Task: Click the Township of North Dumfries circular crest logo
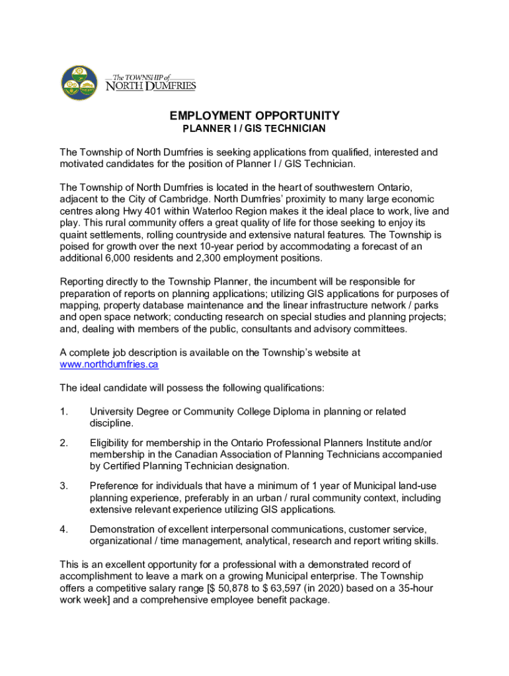tap(79, 83)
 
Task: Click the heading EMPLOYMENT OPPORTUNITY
tap(255, 115)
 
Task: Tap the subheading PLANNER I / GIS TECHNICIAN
tap(255, 128)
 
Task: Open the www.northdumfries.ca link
tap(109, 364)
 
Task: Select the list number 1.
tap(63, 412)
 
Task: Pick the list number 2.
tap(63, 442)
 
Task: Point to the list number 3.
tap(63, 486)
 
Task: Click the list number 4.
tap(63, 529)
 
